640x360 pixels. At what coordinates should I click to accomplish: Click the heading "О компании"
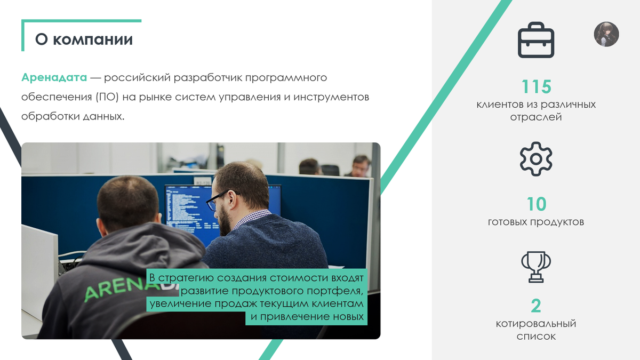tap(84, 39)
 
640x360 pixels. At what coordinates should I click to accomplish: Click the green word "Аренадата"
tap(54, 78)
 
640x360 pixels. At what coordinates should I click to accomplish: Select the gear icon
tap(536, 159)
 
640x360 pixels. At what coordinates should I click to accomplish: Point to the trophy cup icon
tap(536, 267)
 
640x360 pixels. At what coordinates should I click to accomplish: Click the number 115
tap(536, 87)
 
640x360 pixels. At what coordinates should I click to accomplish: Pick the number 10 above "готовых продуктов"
tap(536, 204)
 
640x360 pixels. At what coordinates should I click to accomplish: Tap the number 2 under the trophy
tap(536, 306)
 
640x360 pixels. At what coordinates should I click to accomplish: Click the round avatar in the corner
tap(606, 34)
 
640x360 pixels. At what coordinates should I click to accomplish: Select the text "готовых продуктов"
tap(536, 222)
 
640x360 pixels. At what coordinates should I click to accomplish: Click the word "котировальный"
tap(536, 324)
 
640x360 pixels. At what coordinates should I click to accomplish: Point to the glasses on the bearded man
tap(217, 199)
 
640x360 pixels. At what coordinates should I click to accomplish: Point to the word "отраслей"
tap(536, 117)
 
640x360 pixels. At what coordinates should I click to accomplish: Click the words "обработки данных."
tap(73, 116)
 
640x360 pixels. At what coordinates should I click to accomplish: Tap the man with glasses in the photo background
tap(361, 165)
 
